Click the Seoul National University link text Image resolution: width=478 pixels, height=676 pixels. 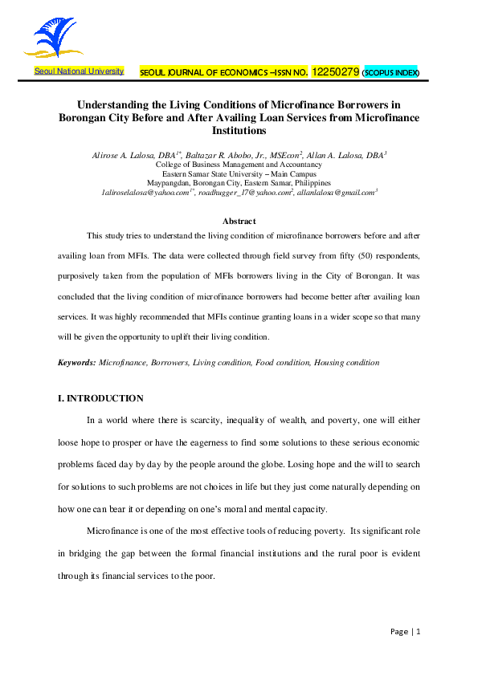tap(79, 71)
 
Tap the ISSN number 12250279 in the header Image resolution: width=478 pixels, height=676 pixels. tap(335, 71)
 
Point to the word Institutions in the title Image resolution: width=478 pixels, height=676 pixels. tap(238, 130)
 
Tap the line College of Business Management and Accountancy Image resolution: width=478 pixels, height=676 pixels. tap(239, 163)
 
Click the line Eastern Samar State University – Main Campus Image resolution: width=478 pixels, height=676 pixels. tap(239, 173)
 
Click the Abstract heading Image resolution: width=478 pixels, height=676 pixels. tap(239, 221)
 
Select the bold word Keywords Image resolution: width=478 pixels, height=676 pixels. tap(76, 363)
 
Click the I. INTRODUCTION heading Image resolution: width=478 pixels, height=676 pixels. tap(100, 398)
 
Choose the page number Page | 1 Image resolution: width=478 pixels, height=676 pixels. tap(405, 632)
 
